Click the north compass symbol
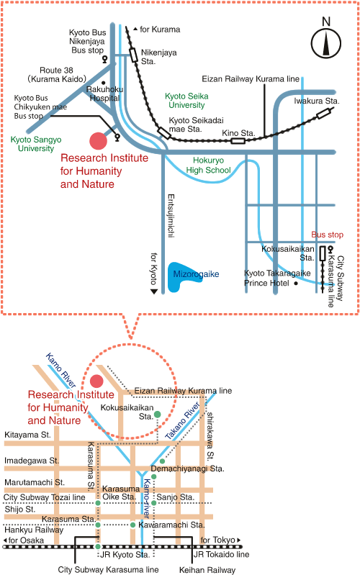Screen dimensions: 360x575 point(326,43)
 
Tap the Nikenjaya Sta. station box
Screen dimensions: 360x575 point(134,55)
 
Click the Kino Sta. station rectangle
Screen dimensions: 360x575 point(238,140)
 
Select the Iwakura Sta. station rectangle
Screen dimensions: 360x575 point(323,114)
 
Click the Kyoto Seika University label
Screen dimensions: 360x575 point(186,101)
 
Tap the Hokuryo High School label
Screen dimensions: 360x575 point(208,165)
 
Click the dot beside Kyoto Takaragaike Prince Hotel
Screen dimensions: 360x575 point(296,283)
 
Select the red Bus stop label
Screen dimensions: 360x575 point(327,235)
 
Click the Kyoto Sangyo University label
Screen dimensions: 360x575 point(36,144)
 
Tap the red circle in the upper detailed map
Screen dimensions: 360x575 point(99,141)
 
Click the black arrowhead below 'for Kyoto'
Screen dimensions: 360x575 point(154,291)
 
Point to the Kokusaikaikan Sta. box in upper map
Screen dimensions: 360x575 point(323,253)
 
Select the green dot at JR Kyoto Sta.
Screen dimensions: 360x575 point(98,546)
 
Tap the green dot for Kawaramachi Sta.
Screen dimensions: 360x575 point(133,525)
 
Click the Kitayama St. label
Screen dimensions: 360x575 point(27,435)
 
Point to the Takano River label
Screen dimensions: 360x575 point(182,420)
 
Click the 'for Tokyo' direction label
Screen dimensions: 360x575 point(220,540)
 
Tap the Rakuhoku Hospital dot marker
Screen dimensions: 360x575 point(104,83)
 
